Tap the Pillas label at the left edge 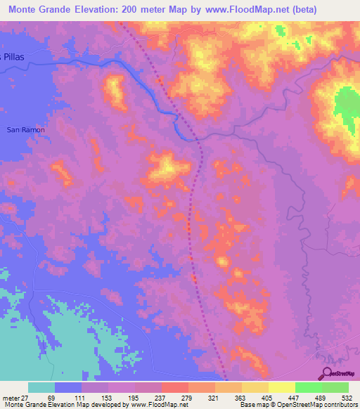pyautogui.click(x=11, y=56)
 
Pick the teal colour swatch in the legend pyautogui.click(x=41, y=388)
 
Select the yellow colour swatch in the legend pyautogui.click(x=281, y=388)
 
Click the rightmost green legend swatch pyautogui.click(x=335, y=388)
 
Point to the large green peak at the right pyautogui.click(x=345, y=105)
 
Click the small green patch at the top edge pyautogui.click(x=281, y=32)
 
